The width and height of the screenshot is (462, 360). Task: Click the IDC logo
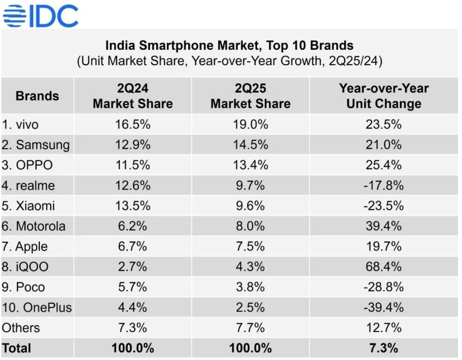click(x=40, y=16)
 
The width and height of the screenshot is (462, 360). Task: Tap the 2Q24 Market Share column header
click(x=133, y=96)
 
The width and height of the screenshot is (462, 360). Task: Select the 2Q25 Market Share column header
click(x=250, y=96)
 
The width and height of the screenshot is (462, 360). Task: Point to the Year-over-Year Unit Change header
click(x=384, y=96)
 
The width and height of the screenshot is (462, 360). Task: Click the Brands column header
click(x=37, y=96)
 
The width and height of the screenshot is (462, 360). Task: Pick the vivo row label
click(x=20, y=125)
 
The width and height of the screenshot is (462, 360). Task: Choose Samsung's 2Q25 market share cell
click(x=250, y=145)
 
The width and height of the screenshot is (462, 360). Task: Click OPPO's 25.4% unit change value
click(x=384, y=165)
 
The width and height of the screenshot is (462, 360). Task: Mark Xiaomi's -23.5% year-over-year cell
click(x=384, y=206)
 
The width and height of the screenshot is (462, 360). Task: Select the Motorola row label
click(x=34, y=226)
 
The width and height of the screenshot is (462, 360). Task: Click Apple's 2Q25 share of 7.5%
click(x=250, y=247)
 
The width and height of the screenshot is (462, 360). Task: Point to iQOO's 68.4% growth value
click(x=384, y=267)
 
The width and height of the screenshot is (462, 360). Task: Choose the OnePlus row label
click(x=37, y=307)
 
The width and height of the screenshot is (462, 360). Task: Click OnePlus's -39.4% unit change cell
click(x=384, y=307)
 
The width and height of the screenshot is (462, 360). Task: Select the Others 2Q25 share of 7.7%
click(x=250, y=328)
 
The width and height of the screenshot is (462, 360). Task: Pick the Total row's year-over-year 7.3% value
click(x=384, y=348)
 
